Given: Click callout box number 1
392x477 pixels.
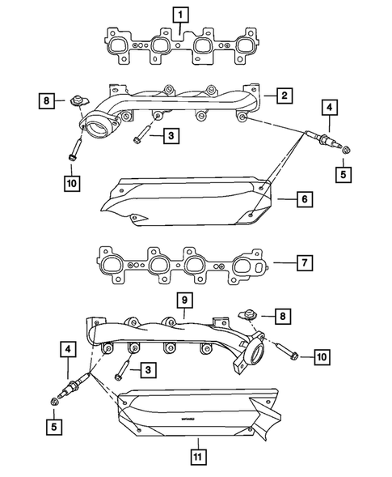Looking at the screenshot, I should click(181, 14).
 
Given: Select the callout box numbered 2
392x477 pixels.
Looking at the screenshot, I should click(285, 96).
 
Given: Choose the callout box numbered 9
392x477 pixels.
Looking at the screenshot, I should click(185, 300).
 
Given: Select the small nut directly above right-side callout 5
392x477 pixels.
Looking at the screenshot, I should click(347, 149).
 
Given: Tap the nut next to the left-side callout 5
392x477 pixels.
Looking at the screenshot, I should click(54, 401).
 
